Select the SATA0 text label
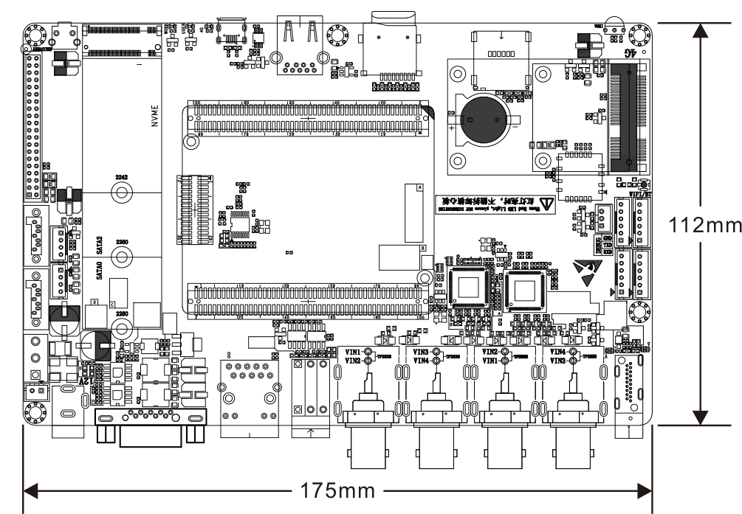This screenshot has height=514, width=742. (x=100, y=269)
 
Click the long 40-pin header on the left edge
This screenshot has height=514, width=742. (x=32, y=125)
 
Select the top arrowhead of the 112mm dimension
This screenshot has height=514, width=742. (x=701, y=29)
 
